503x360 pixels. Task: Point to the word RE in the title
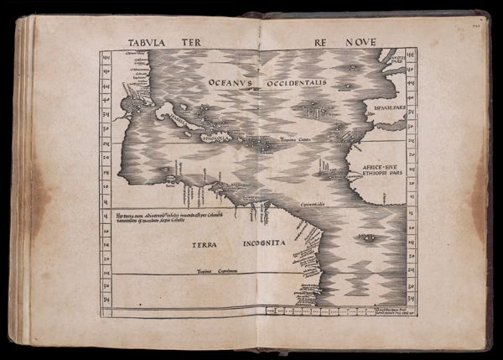(322, 41)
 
